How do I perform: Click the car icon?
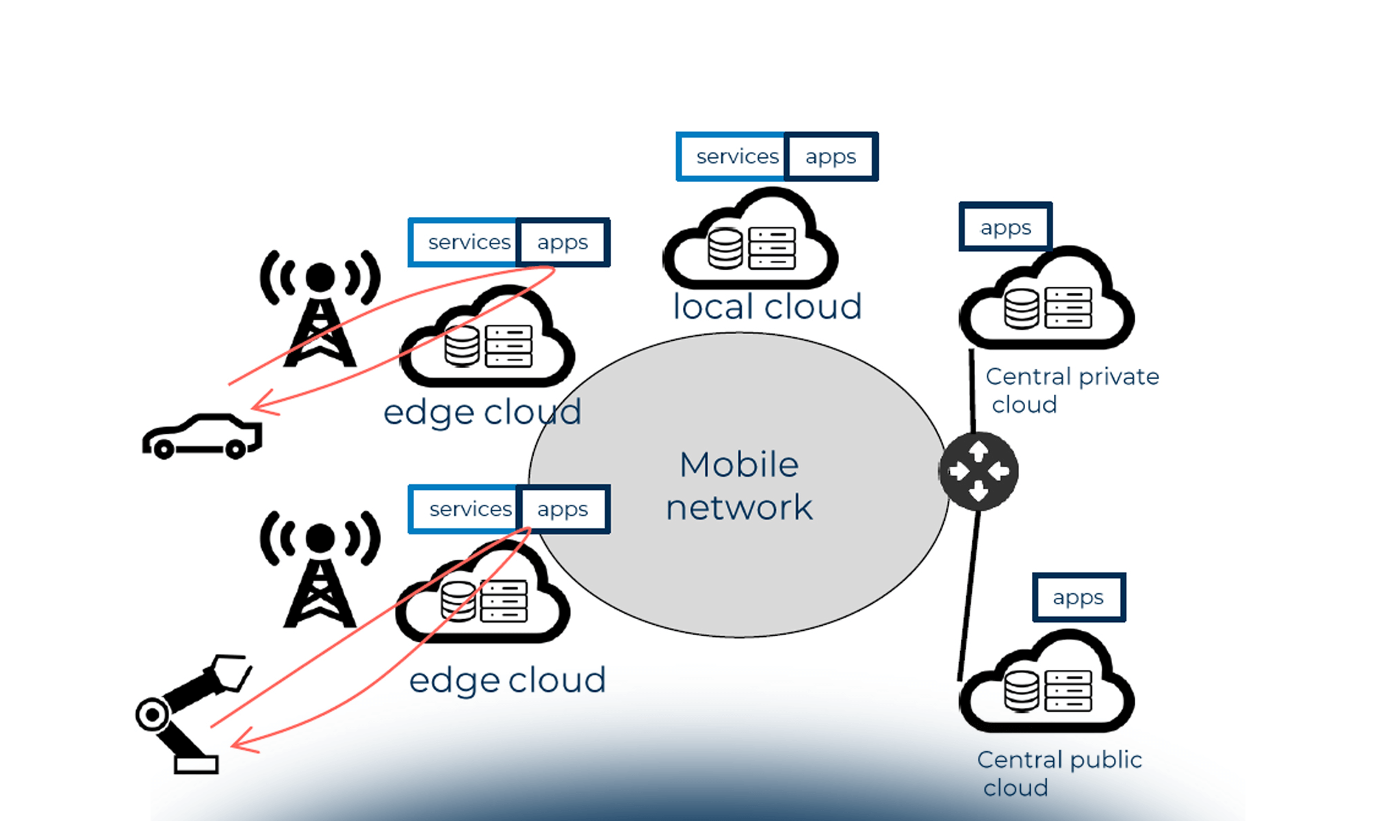[202, 436]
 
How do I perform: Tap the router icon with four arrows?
[979, 471]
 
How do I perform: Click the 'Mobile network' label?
[739, 486]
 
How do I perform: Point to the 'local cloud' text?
[767, 307]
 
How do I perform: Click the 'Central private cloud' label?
[1071, 390]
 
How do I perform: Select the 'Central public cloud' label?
[1059, 773]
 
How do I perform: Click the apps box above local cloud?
[831, 157]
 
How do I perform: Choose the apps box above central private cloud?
[1005, 227]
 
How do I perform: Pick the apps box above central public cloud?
[1078, 597]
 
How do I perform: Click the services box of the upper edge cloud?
[465, 242]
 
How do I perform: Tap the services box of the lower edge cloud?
[466, 509]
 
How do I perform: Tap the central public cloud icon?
[1047, 684]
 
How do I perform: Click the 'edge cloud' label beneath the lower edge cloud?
[507, 680]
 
